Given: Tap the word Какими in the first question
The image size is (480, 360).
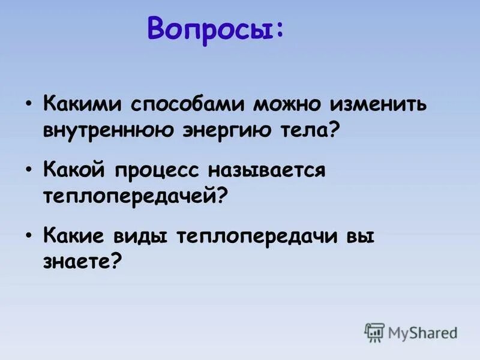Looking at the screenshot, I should [x=81, y=104].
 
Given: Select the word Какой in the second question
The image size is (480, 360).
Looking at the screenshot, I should [x=76, y=170].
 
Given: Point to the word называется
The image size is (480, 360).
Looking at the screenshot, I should [x=267, y=170].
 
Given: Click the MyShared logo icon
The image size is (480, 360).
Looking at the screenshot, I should [x=374, y=332].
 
